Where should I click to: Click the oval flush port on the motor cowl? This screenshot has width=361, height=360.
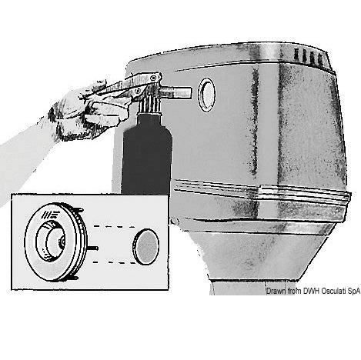pos(206,95)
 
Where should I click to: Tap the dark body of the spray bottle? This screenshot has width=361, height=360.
pos(147,156)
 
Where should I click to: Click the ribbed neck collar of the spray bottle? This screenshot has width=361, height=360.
pos(149,105)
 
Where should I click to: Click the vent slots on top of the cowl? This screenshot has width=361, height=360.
pos(309,57)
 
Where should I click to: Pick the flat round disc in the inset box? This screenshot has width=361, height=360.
pos(146,246)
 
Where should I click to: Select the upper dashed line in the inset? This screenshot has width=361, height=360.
pos(115,226)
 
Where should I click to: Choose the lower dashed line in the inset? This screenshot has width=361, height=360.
pos(115,262)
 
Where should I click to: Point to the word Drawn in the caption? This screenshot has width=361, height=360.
pos(275,291)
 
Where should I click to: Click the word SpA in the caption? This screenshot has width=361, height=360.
pos(354,292)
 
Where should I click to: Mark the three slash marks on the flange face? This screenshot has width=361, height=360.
pos(48,214)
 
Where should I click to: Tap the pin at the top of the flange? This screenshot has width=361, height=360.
pos(79,209)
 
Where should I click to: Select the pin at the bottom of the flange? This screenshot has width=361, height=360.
pos(75,278)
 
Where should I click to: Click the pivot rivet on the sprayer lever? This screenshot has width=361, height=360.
pos(154,78)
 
